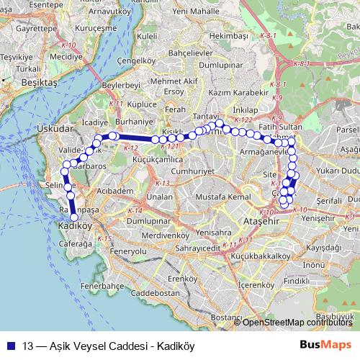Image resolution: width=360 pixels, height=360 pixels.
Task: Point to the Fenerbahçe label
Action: pyautogui.click(x=99, y=286)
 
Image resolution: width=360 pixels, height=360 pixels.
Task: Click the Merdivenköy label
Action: pyautogui.click(x=150, y=235)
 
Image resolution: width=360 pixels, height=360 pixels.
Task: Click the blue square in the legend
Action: pyautogui.click(x=11, y=344)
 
